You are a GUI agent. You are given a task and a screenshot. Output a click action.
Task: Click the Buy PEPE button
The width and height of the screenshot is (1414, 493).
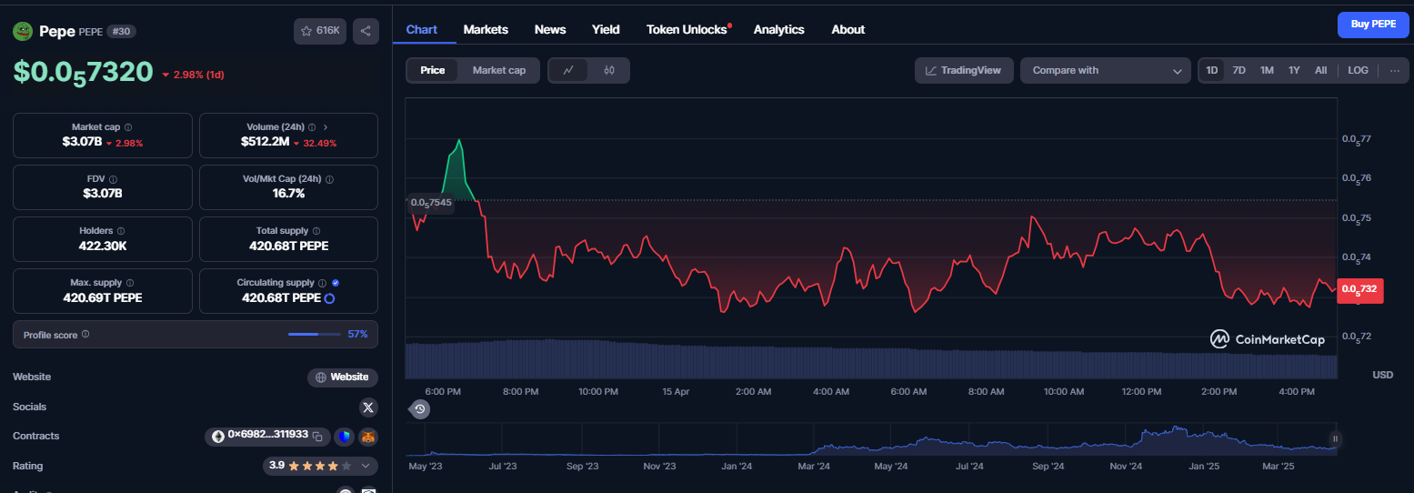1373,25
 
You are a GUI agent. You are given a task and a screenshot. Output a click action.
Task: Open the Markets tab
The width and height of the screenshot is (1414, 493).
486,30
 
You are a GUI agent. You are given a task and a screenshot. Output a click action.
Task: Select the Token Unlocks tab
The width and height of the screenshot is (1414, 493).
687,30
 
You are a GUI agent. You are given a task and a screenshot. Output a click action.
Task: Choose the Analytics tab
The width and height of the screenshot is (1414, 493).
778,30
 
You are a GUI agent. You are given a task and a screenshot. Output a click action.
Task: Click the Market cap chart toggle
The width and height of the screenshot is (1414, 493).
498,70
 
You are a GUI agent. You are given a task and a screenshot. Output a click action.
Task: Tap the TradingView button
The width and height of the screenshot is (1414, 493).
964,70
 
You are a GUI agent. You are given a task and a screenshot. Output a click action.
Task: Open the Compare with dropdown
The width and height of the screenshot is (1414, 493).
1106,70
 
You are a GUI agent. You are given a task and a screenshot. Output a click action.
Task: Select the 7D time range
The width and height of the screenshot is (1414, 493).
1239,70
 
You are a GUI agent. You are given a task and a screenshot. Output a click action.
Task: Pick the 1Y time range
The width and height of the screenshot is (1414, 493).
1294,70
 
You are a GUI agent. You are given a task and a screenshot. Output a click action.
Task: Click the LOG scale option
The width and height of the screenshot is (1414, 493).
1358,70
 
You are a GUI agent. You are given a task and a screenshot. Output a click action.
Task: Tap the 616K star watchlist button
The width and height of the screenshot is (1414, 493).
320,31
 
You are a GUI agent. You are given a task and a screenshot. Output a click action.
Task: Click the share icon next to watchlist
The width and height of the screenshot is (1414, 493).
366,31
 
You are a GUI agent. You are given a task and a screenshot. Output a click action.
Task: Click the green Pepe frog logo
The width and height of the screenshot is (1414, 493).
23,31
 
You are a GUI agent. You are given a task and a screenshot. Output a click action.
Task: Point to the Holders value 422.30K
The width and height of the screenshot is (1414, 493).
102,246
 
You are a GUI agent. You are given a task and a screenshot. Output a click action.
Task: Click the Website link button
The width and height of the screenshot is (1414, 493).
343,377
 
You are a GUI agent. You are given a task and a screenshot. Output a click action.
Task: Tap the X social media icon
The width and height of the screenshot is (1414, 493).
368,407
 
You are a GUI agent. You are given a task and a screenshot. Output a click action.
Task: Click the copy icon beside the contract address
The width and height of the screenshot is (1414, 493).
317,437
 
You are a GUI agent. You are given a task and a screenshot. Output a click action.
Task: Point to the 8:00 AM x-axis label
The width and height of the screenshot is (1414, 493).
986,391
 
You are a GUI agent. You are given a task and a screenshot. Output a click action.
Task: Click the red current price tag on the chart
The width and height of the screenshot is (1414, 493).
1360,290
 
